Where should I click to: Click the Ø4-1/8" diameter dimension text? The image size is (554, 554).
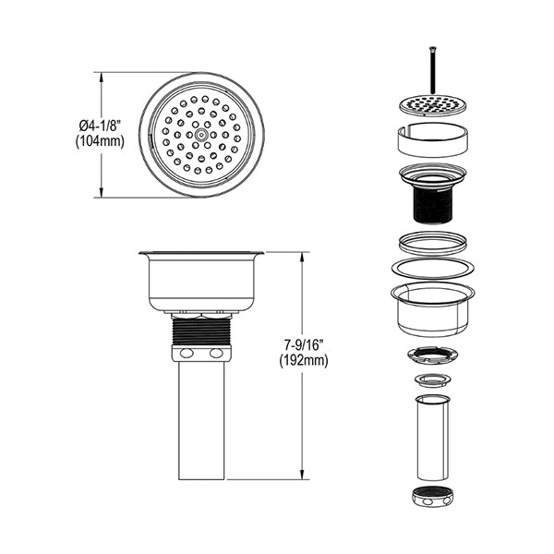click(101, 126)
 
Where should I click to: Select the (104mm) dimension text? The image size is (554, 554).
click(100, 141)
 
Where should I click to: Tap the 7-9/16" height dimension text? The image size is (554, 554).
click(304, 345)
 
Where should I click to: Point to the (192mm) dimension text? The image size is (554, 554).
click(304, 361)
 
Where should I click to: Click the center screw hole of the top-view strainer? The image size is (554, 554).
click(201, 135)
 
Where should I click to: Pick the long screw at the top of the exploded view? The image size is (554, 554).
click(433, 70)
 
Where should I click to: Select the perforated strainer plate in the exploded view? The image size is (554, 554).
click(433, 104)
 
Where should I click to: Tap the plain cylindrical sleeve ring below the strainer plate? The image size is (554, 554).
click(433, 139)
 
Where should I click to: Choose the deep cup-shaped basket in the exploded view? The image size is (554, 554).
click(433, 309)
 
